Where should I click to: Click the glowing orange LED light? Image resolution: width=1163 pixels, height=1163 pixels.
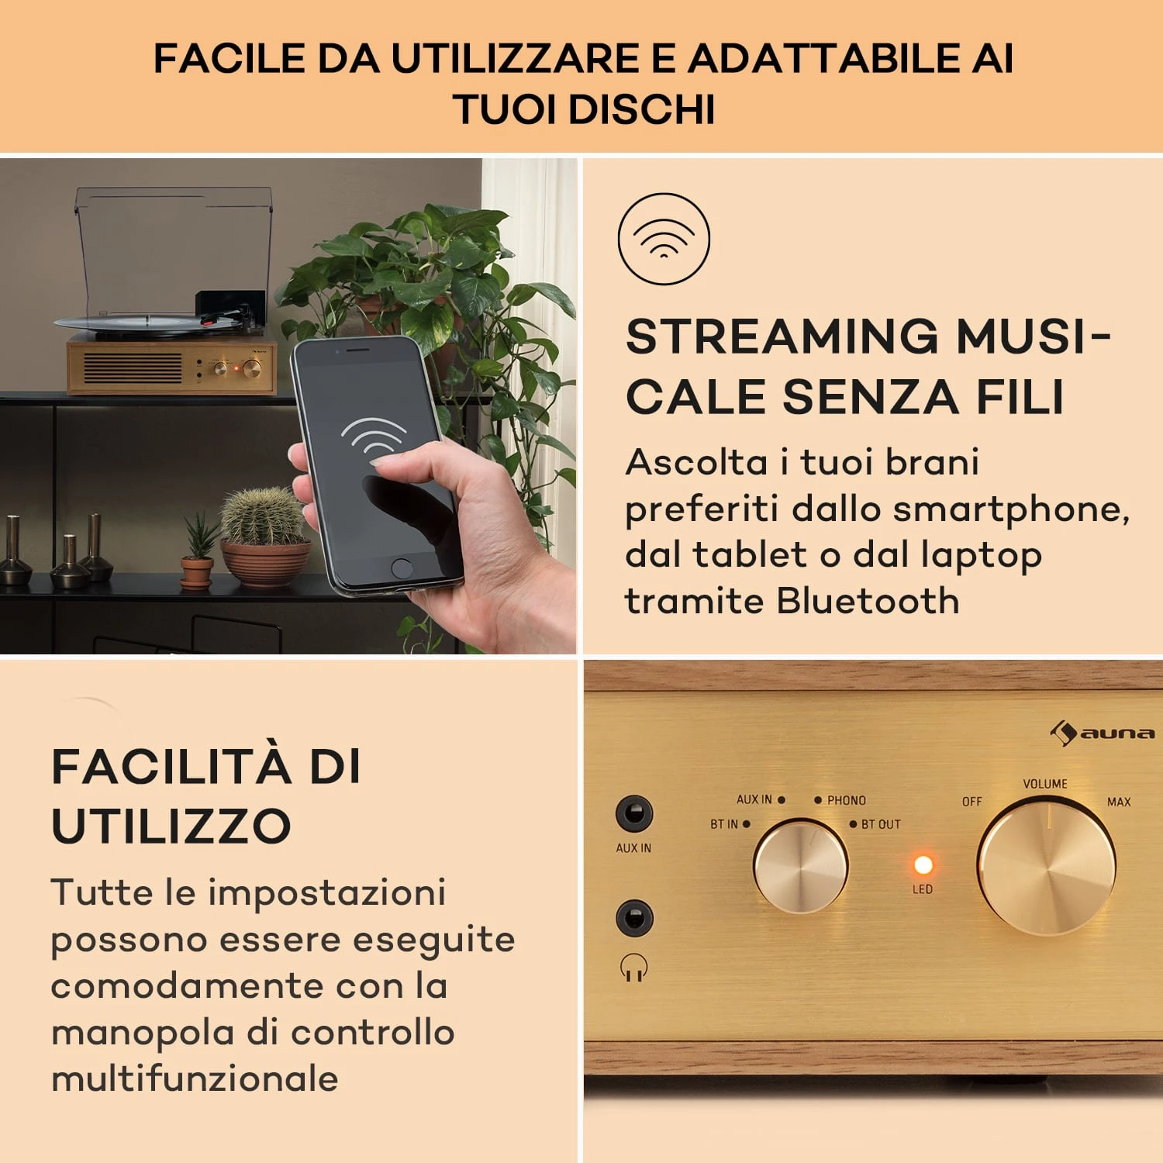tap(923, 864)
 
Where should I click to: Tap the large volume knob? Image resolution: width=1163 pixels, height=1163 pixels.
tap(1046, 868)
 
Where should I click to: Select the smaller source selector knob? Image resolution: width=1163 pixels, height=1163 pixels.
tap(801, 867)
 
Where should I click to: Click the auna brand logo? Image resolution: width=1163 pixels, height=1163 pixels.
tap(1102, 733)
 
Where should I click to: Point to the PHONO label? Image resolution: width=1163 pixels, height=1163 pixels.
tap(846, 800)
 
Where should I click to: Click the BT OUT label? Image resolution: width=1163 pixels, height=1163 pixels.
tap(881, 824)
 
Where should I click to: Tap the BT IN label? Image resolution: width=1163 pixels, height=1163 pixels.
tap(724, 824)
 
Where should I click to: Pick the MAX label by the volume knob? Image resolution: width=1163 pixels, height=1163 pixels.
tap(1119, 802)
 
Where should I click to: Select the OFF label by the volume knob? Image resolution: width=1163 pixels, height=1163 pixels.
tap(972, 802)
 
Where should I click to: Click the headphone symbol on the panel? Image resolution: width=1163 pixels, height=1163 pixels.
tap(633, 968)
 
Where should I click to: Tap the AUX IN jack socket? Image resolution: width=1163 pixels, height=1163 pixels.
tap(634, 814)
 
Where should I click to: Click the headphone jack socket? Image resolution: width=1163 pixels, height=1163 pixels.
tap(634, 919)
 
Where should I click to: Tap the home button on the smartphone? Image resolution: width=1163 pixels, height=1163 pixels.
tap(402, 568)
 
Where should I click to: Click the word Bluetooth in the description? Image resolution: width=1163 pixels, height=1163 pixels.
tap(868, 601)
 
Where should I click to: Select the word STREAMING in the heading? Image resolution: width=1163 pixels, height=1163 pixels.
tap(782, 336)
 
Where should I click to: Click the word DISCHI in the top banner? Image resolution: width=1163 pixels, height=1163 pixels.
tap(642, 109)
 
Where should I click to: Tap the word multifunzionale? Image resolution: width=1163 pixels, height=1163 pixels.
tap(195, 1078)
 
